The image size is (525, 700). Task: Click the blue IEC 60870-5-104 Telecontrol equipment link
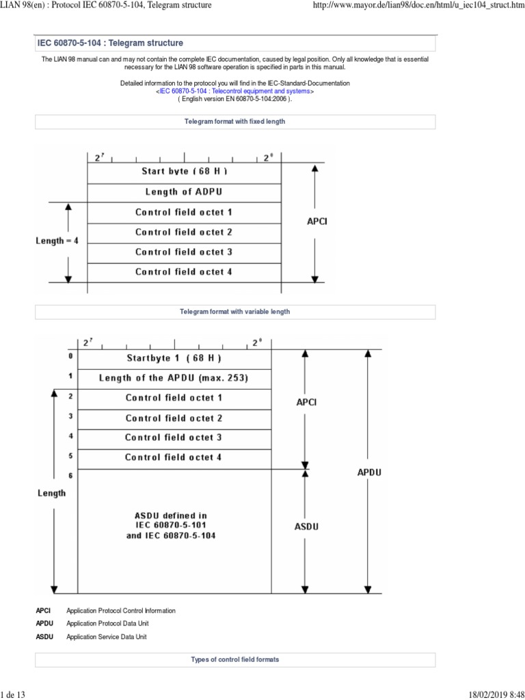point(235,90)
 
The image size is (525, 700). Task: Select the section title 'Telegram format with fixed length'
point(234,121)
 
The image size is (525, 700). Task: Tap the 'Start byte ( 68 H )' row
point(184,171)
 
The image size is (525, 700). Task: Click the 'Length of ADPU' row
point(184,191)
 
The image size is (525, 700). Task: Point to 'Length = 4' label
point(57,241)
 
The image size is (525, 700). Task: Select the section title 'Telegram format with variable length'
point(234,311)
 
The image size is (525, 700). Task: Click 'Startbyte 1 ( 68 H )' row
point(174,358)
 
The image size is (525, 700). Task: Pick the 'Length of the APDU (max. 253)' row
point(174,377)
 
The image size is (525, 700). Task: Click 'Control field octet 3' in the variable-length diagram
point(174,437)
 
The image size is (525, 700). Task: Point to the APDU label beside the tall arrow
point(370,472)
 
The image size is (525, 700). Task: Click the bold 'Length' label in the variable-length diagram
point(52,493)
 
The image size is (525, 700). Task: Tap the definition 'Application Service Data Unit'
point(106,636)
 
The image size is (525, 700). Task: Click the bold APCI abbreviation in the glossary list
point(44,610)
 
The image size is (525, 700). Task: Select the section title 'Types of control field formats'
point(234,660)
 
